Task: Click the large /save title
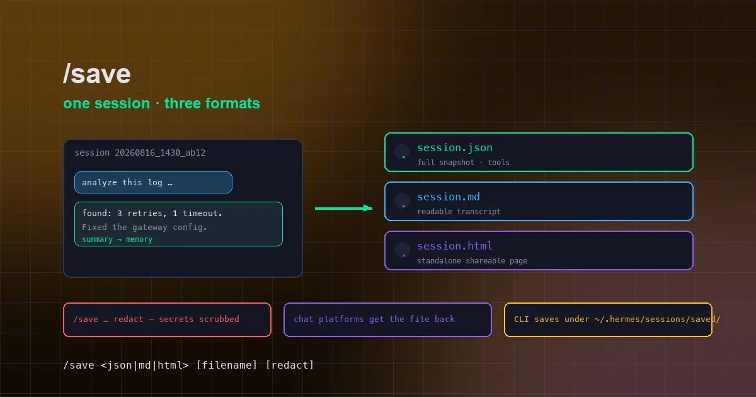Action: click(x=97, y=74)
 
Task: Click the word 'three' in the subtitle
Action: click(x=183, y=103)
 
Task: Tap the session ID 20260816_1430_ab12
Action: click(x=160, y=152)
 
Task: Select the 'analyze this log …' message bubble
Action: click(x=153, y=182)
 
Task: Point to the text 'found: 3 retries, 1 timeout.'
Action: click(x=152, y=214)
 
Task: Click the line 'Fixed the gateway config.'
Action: click(x=144, y=227)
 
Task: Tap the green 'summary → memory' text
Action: click(x=117, y=239)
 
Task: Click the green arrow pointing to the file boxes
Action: click(x=343, y=209)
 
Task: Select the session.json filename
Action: click(x=455, y=147)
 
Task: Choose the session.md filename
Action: click(x=449, y=197)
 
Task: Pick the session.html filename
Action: click(x=455, y=246)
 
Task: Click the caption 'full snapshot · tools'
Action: click(x=463, y=163)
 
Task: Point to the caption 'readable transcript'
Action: click(x=459, y=212)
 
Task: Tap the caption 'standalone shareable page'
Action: click(x=472, y=261)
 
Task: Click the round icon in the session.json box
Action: click(x=403, y=152)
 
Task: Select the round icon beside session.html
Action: click(x=403, y=250)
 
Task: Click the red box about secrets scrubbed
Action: click(x=167, y=319)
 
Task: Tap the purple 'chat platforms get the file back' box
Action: click(x=387, y=319)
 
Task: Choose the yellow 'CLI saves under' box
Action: click(x=608, y=319)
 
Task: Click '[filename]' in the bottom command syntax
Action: click(x=226, y=365)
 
